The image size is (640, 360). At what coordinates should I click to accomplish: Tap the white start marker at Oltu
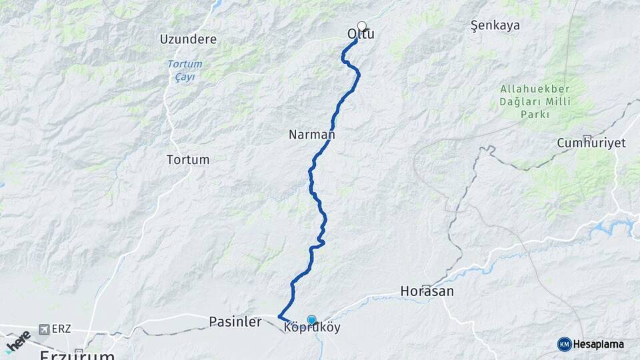click(362, 27)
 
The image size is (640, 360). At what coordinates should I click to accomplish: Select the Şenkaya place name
click(495, 26)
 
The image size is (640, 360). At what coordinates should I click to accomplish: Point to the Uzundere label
click(188, 39)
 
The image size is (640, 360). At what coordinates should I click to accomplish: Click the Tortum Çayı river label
click(185, 70)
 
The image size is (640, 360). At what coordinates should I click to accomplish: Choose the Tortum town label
click(188, 160)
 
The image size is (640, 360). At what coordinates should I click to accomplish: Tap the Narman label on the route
click(311, 135)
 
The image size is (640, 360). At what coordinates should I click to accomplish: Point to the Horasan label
click(427, 291)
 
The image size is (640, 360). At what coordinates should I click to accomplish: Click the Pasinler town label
click(235, 322)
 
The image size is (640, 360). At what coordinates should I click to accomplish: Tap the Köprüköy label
click(312, 329)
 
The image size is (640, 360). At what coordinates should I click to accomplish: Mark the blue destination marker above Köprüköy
click(311, 320)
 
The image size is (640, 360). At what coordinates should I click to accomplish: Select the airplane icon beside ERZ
click(44, 329)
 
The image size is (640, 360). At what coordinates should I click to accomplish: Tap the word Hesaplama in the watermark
click(598, 345)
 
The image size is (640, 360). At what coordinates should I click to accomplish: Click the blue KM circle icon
click(564, 344)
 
